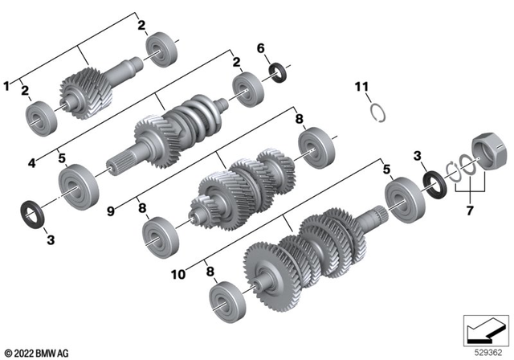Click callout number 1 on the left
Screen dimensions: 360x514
pyautogui.click(x=8, y=84)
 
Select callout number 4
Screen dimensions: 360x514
pyautogui.click(x=31, y=162)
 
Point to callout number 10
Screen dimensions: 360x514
pyautogui.click(x=177, y=274)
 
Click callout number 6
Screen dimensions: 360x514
pyautogui.click(x=259, y=49)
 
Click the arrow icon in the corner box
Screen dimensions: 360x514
pyautogui.click(x=485, y=330)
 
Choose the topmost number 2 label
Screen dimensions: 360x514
pyautogui.click(x=141, y=26)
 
